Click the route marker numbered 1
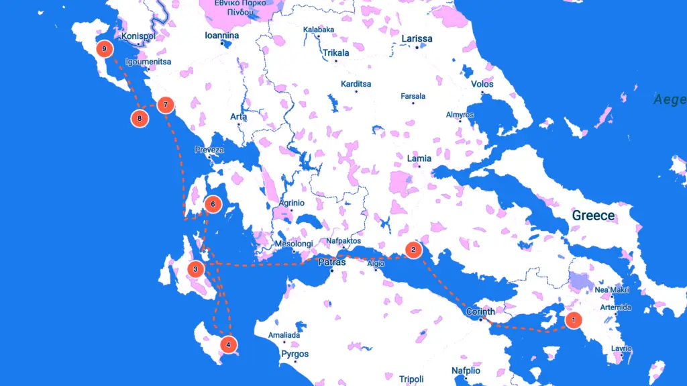click(x=573, y=320)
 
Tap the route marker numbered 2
click(x=413, y=250)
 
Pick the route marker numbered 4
click(x=228, y=345)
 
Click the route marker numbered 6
click(x=212, y=204)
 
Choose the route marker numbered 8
click(x=140, y=119)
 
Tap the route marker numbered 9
click(x=104, y=49)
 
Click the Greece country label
click(x=593, y=215)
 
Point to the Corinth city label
click(x=480, y=311)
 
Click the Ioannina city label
click(x=222, y=36)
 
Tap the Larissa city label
click(x=417, y=39)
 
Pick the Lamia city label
click(x=419, y=158)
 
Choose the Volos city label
click(x=482, y=85)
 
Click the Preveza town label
click(x=209, y=150)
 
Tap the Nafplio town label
click(x=466, y=371)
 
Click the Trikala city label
click(x=336, y=53)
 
